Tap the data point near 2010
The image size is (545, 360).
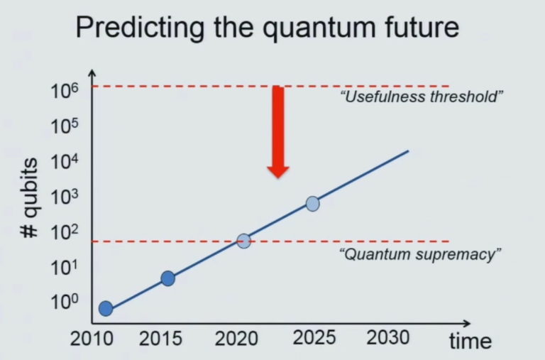coord(106,308)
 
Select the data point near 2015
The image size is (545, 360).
coord(167,278)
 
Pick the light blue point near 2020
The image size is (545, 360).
coord(244,241)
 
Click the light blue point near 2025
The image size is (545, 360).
coord(312,204)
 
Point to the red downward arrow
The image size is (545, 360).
coord(278,131)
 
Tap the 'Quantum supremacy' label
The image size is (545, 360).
coord(417,254)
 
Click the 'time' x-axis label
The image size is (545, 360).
coord(470,341)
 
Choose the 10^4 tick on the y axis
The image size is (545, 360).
coord(64,163)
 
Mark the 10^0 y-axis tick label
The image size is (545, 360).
coord(64,302)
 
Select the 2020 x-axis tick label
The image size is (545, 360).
coord(237,339)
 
